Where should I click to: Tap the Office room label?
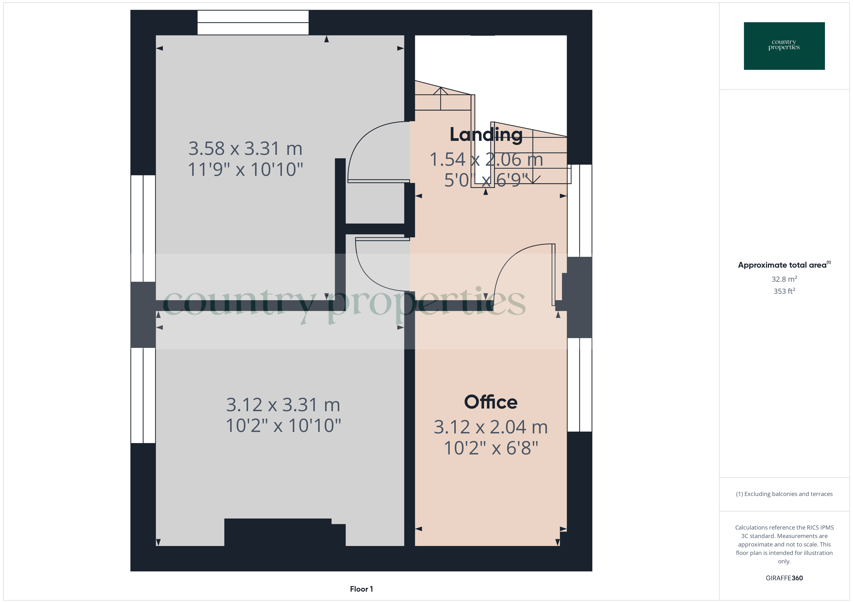pos(490,402)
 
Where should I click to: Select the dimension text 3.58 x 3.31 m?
pos(245,149)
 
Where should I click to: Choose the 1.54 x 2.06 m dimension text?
pos(486,160)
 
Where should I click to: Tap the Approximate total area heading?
pos(784,265)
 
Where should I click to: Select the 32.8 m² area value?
pos(784,279)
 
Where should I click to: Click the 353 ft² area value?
pos(784,291)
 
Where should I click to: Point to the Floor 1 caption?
pos(361,589)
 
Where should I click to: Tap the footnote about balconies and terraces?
pos(784,494)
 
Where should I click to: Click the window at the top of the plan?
pos(253,23)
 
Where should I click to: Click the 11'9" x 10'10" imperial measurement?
pos(245,170)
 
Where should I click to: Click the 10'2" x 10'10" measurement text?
pos(283,425)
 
